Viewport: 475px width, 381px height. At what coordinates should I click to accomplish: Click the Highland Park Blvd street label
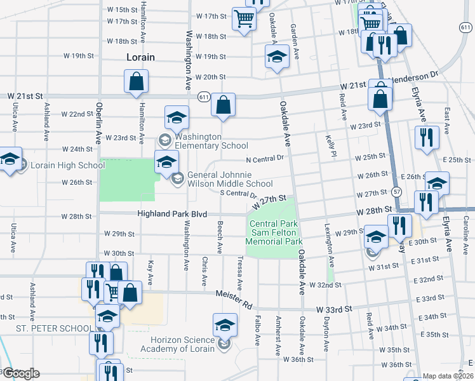pos(172,215)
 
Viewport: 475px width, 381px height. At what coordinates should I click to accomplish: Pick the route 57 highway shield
pos(397,191)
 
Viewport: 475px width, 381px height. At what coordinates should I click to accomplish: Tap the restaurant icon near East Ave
pos(427,137)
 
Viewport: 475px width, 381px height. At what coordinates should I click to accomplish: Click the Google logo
pos(21,373)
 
